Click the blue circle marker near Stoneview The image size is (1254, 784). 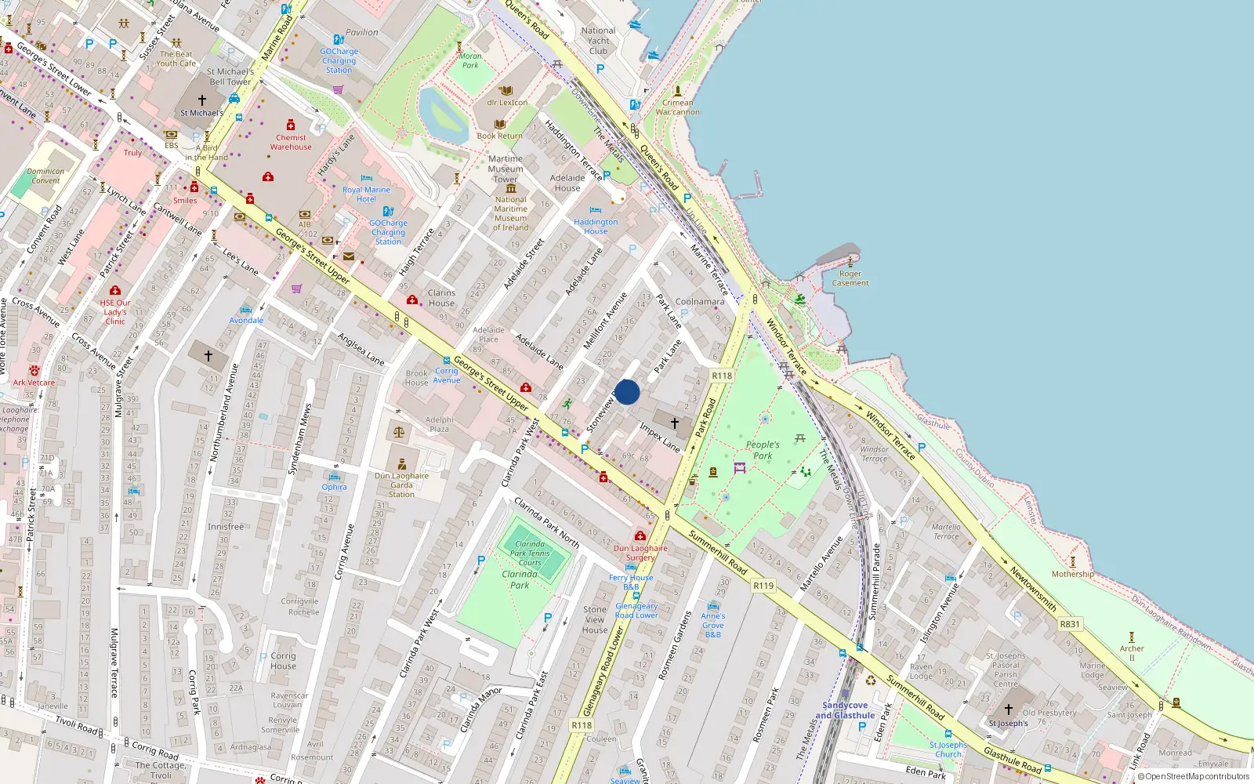pyautogui.click(x=627, y=392)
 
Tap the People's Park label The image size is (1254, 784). pyautogui.click(x=763, y=450)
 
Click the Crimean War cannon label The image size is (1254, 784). pyautogui.click(x=678, y=107)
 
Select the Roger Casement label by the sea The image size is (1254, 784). pyautogui.click(x=850, y=278)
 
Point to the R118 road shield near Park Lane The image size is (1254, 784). pyautogui.click(x=722, y=376)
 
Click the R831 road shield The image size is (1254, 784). pyautogui.click(x=1070, y=624)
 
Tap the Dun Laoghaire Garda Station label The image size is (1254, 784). pyautogui.click(x=401, y=485)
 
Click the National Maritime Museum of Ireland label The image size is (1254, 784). pyautogui.click(x=510, y=213)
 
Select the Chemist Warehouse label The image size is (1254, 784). pyautogui.click(x=291, y=142)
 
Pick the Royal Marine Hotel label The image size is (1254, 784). pyautogui.click(x=366, y=194)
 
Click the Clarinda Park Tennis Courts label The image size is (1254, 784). pyautogui.click(x=530, y=553)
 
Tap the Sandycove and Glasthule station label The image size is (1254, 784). pyautogui.click(x=845, y=710)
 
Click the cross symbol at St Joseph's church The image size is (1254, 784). pyautogui.click(x=1009, y=710)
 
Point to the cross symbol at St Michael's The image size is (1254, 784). pyautogui.click(x=202, y=100)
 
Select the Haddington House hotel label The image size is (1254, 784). pyautogui.click(x=596, y=227)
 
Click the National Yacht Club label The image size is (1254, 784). pyautogui.click(x=599, y=41)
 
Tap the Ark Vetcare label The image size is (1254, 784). pyautogui.click(x=34, y=383)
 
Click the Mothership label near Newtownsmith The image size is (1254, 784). pyautogui.click(x=1073, y=574)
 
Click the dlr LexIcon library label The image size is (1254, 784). pyautogui.click(x=507, y=102)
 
